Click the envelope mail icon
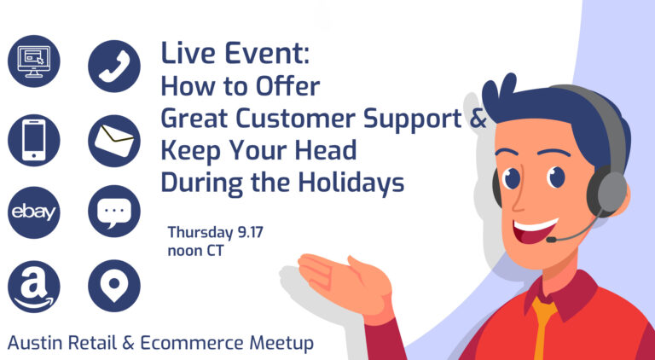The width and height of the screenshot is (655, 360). [x=114, y=139]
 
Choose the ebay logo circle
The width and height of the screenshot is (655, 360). [x=34, y=212]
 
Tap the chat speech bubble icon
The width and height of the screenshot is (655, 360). [x=114, y=212]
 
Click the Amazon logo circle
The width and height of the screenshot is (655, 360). [x=34, y=286]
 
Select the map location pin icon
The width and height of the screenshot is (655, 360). [x=114, y=286]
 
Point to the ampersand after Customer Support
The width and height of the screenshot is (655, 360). [x=477, y=119]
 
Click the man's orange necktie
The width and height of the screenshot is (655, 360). [x=542, y=328]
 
